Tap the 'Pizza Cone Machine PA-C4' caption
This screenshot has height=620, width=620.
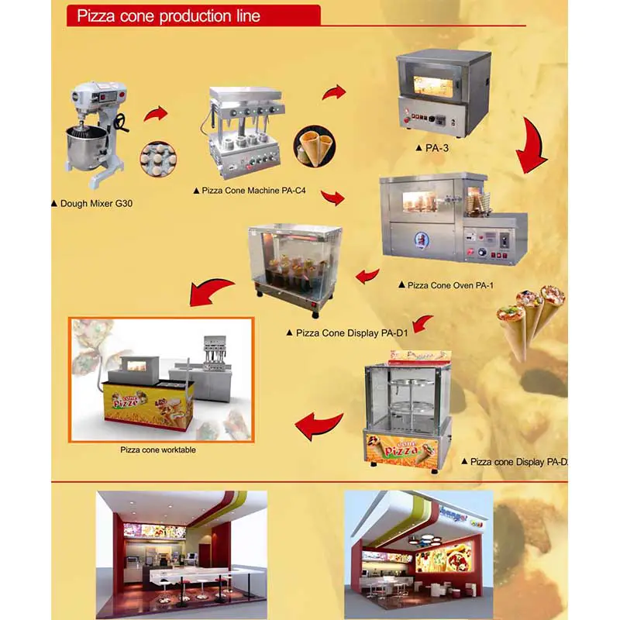click(x=247, y=191)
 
